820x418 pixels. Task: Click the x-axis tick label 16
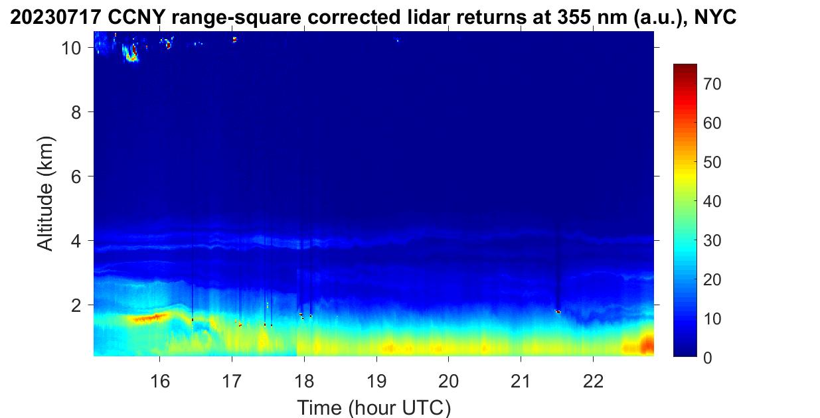click(x=160, y=382)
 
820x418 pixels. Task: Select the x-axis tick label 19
click(x=376, y=382)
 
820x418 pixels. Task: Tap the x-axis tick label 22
click(x=593, y=382)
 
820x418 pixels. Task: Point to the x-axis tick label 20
click(x=448, y=382)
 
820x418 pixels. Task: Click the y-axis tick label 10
click(x=71, y=48)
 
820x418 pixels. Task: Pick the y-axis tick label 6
click(x=76, y=176)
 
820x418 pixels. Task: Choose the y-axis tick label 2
click(x=76, y=305)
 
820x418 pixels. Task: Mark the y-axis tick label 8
click(x=76, y=112)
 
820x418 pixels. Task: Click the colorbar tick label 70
click(x=712, y=84)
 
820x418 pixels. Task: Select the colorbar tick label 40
click(x=712, y=202)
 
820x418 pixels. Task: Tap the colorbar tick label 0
click(x=708, y=358)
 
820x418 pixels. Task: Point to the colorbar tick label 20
click(x=712, y=280)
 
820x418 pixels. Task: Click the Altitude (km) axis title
click(x=45, y=194)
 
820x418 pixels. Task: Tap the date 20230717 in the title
click(x=56, y=17)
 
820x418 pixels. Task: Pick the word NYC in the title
click(x=715, y=17)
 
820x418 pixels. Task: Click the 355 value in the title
click(x=574, y=17)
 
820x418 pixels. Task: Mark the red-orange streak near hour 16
click(x=150, y=318)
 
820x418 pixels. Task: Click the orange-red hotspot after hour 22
click(x=647, y=344)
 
